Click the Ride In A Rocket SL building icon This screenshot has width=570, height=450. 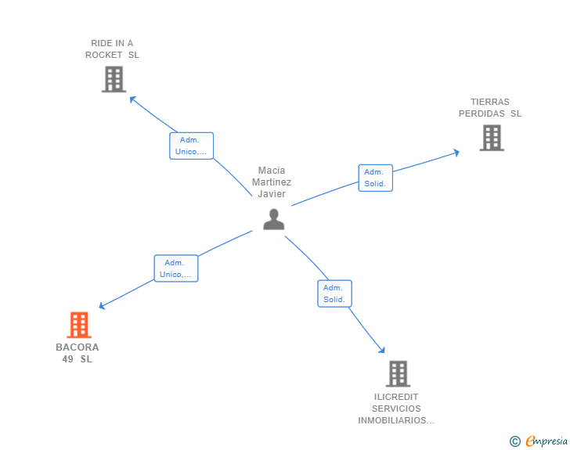pos(114,79)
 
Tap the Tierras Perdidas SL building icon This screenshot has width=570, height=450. pos(492,138)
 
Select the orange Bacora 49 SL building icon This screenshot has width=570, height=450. pos(78,325)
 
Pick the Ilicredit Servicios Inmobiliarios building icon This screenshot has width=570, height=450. pos(398,373)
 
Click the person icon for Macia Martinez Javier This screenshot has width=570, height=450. pos(273,219)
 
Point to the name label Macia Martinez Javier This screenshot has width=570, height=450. pos(272,182)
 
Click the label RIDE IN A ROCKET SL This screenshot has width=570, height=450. pos(112,49)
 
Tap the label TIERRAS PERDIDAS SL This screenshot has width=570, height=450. pos(490,108)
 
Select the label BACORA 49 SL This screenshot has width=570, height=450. pos(78,353)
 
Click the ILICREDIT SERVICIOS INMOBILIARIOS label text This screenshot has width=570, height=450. pos(396,409)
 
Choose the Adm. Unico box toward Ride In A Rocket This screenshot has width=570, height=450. pos(191,146)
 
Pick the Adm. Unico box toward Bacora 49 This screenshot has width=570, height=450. pos(175,268)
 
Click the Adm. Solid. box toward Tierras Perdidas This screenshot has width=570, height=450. pos(375,178)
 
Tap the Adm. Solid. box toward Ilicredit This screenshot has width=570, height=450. pos(334,293)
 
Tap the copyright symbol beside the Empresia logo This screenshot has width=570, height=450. pos(515,441)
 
